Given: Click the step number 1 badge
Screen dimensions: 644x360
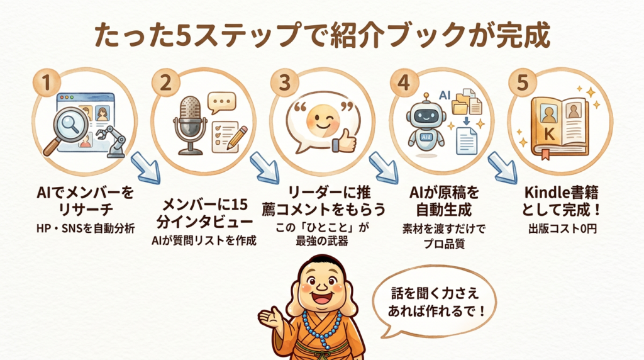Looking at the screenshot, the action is [47, 82].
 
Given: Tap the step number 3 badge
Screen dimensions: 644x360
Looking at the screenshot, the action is [284, 82].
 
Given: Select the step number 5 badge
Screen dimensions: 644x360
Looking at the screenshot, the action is [523, 82].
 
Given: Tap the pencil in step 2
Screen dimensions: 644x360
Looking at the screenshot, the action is [237, 137].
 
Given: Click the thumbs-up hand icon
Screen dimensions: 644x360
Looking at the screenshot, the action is [344, 140].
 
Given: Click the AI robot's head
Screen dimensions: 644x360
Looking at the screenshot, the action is [426, 113].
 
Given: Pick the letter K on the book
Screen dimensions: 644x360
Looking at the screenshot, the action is [548, 133].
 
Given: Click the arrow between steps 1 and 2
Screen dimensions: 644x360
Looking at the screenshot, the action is [146, 167].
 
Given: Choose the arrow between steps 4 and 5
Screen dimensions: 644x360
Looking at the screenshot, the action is [502, 167].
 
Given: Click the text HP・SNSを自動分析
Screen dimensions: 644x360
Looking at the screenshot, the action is [86, 228].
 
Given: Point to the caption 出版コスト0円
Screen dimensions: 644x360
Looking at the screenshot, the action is [562, 228].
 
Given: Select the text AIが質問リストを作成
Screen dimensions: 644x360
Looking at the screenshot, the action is [204, 240].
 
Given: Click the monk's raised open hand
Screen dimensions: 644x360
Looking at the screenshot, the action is [270, 317].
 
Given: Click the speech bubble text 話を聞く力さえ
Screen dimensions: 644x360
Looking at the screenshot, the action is [435, 293].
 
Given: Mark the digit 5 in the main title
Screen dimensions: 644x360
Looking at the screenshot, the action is [182, 35].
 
